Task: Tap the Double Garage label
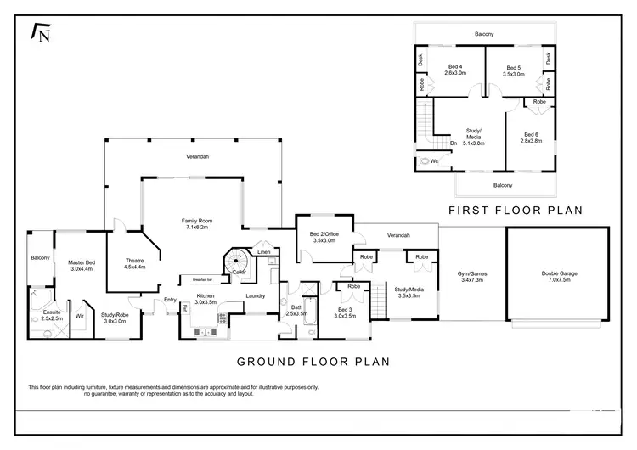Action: [x=557, y=276]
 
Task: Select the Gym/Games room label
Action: [x=472, y=276]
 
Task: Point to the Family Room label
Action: [x=194, y=224]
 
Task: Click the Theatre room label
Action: [x=135, y=263]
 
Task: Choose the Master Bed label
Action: [x=82, y=266]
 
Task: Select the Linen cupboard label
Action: [x=264, y=253]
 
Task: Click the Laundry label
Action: [x=256, y=295]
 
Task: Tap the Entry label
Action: [x=170, y=299]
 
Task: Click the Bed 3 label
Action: [x=345, y=312]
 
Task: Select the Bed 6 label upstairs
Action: [x=531, y=138]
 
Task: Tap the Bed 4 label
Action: [x=454, y=70]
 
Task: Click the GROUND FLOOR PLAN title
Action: [x=313, y=361]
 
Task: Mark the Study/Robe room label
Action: [x=115, y=318]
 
